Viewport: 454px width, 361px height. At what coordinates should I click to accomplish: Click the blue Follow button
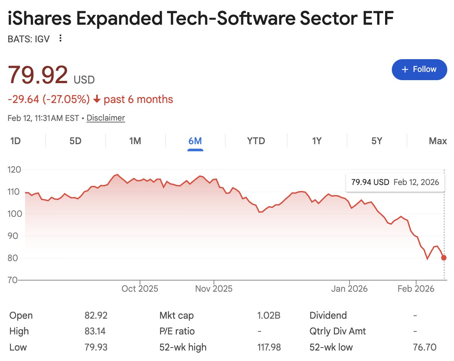click(419, 69)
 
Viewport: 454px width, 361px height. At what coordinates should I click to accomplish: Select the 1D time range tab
click(15, 141)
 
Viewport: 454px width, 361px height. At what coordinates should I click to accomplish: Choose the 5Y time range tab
click(376, 141)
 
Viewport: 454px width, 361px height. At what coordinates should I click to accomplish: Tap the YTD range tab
click(256, 141)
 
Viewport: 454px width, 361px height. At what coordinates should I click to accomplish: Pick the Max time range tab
click(438, 141)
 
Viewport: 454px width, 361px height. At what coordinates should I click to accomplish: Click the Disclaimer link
click(106, 118)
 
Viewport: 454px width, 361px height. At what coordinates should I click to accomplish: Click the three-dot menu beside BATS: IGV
click(60, 39)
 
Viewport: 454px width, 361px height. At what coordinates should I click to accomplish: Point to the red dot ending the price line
click(444, 258)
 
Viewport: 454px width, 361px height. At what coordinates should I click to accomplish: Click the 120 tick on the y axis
click(14, 170)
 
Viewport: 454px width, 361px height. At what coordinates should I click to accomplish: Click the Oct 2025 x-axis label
click(140, 289)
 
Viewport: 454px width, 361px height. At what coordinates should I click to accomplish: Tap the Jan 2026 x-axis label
click(349, 289)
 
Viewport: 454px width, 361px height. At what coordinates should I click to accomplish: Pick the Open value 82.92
click(96, 316)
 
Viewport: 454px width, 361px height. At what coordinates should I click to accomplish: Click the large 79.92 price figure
click(38, 75)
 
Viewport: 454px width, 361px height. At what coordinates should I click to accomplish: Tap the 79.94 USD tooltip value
click(370, 182)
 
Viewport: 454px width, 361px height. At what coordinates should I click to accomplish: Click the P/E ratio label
click(177, 331)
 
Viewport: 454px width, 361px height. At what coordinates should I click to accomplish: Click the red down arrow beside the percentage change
click(97, 100)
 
